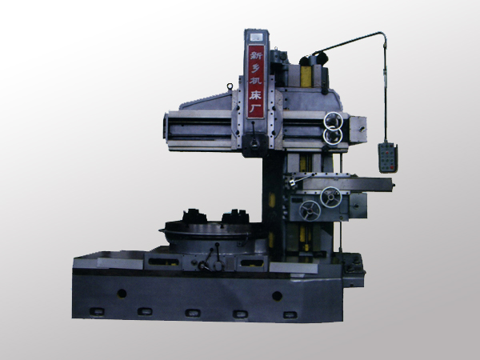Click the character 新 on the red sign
(255, 55)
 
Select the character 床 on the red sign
(255, 95)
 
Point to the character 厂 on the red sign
(255, 108)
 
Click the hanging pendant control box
(388, 158)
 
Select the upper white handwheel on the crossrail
(333, 121)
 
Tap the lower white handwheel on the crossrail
(333, 136)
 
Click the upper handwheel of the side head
(331, 197)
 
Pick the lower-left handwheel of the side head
(310, 210)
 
